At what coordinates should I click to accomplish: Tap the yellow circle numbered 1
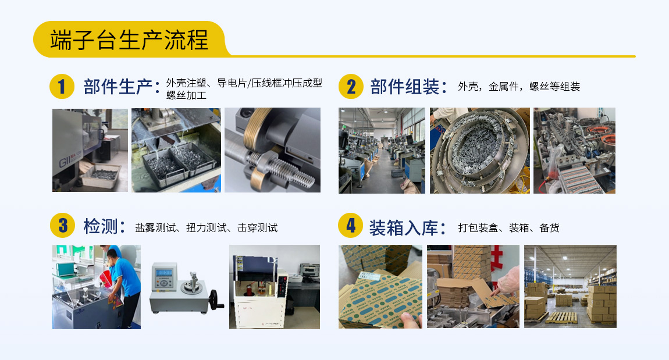point(62,87)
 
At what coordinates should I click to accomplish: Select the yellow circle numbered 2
point(351,87)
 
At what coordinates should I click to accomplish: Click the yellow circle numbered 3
point(62,226)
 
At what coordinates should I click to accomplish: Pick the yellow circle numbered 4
point(351,226)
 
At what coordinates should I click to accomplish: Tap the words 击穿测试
point(257,228)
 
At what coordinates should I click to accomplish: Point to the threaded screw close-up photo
point(272,150)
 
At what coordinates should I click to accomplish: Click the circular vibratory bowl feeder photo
point(479,150)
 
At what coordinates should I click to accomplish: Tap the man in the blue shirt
point(125,279)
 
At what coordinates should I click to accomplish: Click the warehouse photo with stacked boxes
point(570,286)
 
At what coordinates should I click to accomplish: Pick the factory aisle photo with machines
point(382,150)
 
